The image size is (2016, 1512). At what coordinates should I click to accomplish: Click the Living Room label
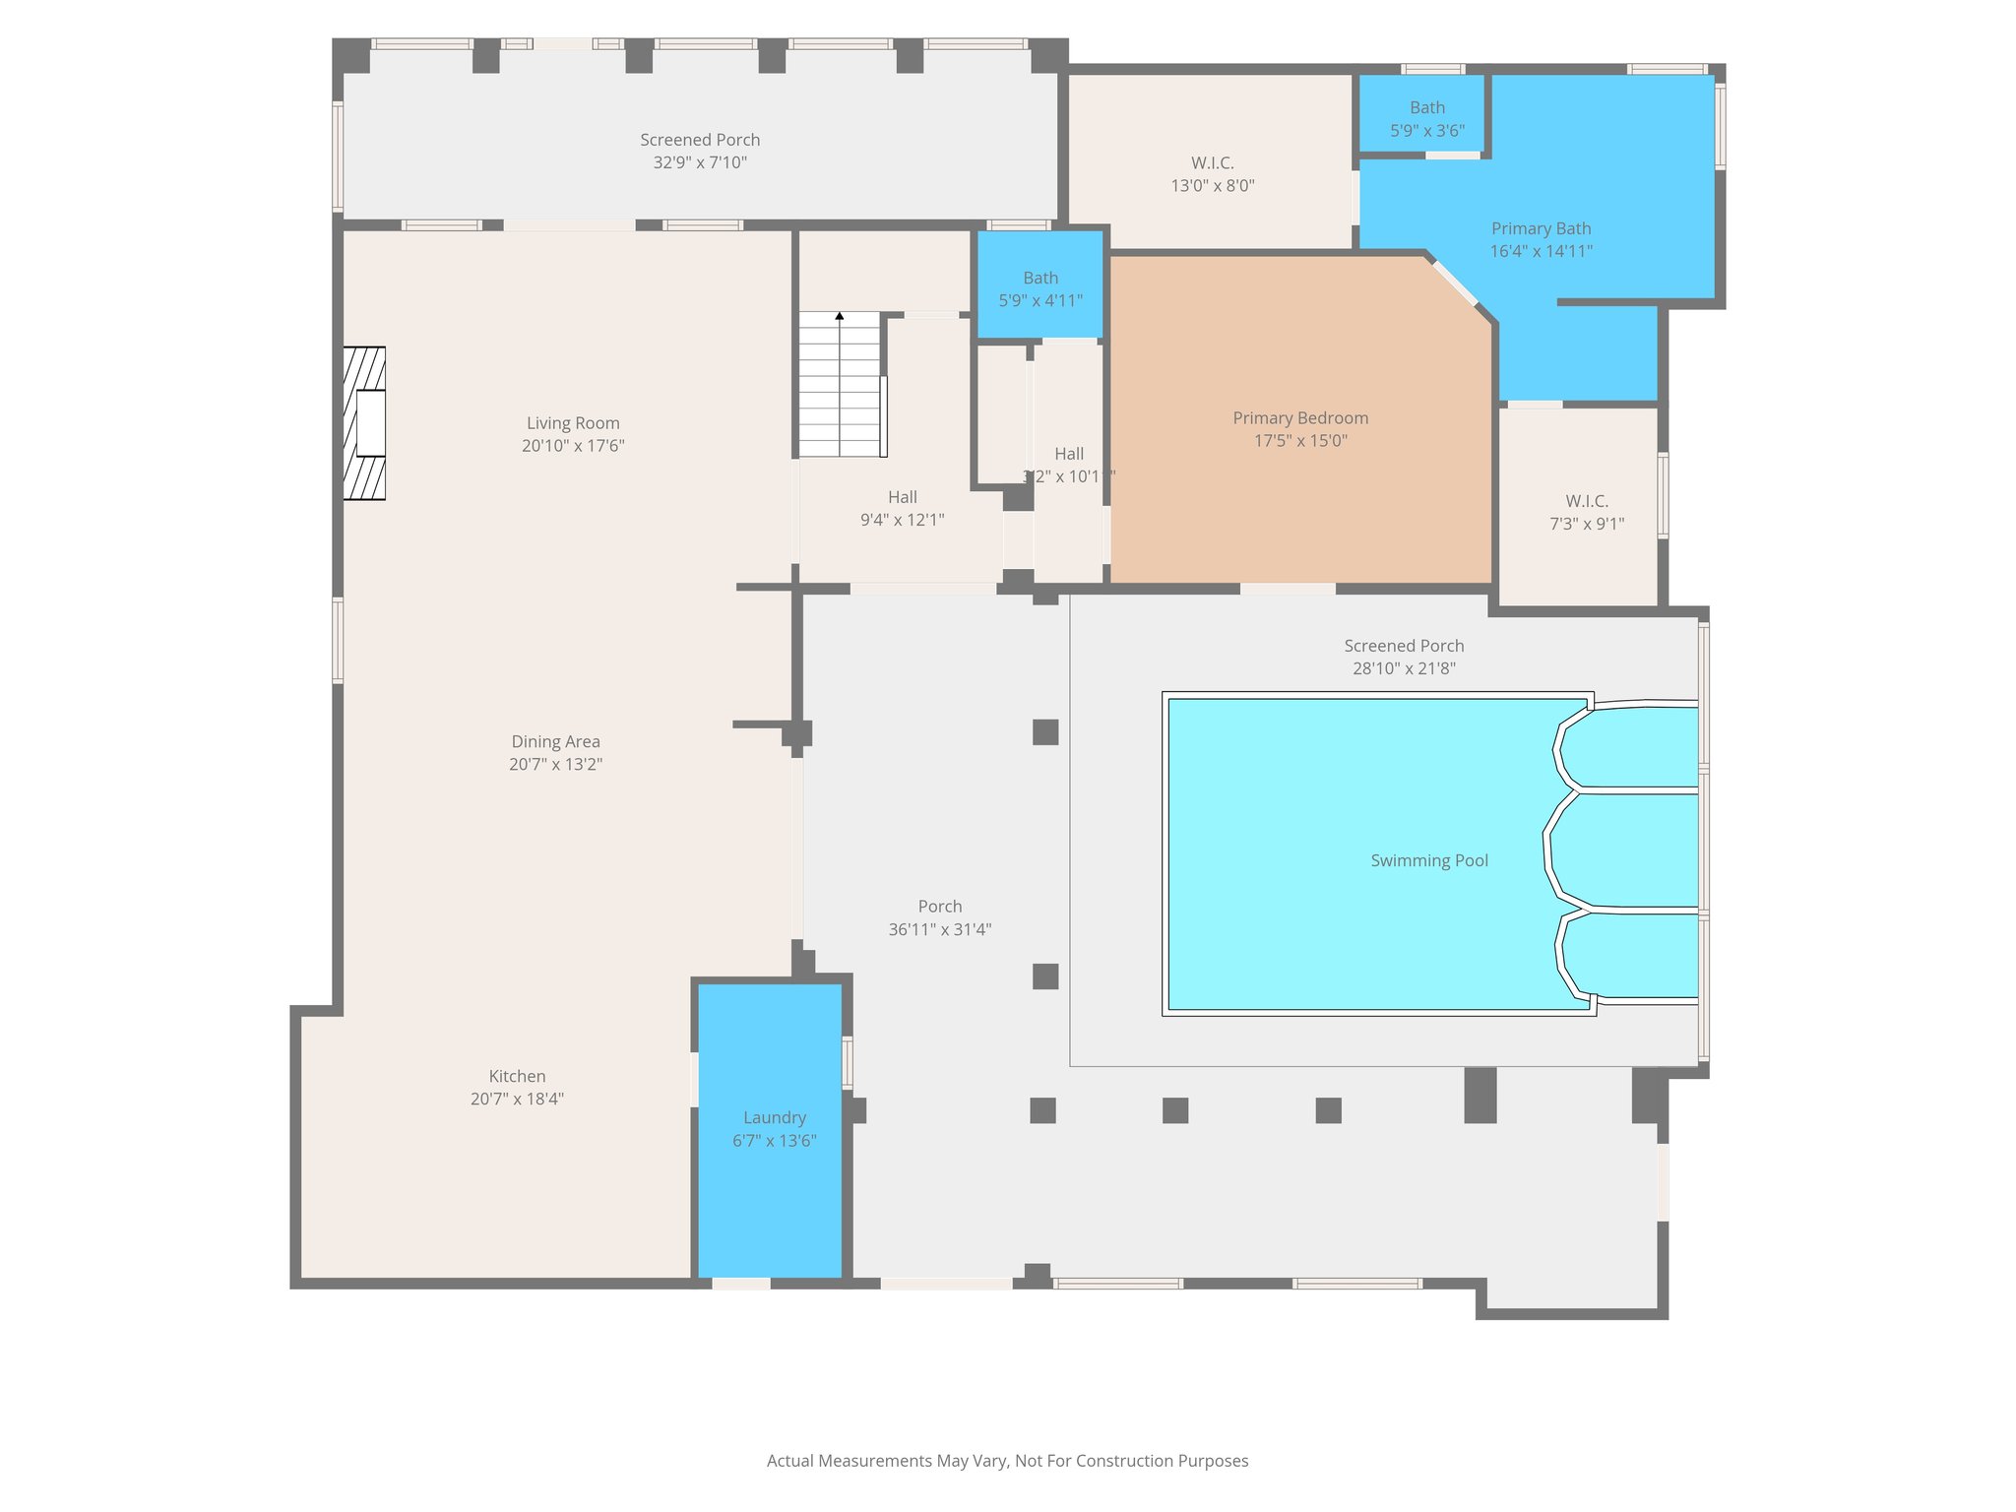coord(573,423)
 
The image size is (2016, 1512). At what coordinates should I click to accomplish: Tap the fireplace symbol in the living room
coord(364,423)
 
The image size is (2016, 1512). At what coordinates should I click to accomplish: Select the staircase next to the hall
coord(839,386)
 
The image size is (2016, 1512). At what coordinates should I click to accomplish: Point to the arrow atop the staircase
coord(840,316)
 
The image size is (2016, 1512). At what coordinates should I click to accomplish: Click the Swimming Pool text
coord(1429,860)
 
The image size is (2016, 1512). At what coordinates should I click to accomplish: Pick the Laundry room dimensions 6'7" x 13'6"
coord(775,1141)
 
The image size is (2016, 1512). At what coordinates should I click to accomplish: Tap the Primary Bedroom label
coord(1300,418)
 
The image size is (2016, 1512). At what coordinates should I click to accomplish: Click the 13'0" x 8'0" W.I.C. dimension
coord(1212,185)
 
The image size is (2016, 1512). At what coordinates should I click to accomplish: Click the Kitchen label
coord(517,1076)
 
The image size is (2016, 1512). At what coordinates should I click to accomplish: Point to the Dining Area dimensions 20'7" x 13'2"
coord(555,764)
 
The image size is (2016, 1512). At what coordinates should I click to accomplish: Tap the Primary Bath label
coord(1541,228)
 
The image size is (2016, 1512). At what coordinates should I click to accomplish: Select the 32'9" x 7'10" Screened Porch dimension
coord(700,162)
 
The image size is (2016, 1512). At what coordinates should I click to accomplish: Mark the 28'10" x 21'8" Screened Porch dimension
coord(1404,668)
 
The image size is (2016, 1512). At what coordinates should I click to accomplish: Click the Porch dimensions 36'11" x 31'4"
coord(939,929)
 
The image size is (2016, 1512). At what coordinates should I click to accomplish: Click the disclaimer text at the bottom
coord(1007,1461)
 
